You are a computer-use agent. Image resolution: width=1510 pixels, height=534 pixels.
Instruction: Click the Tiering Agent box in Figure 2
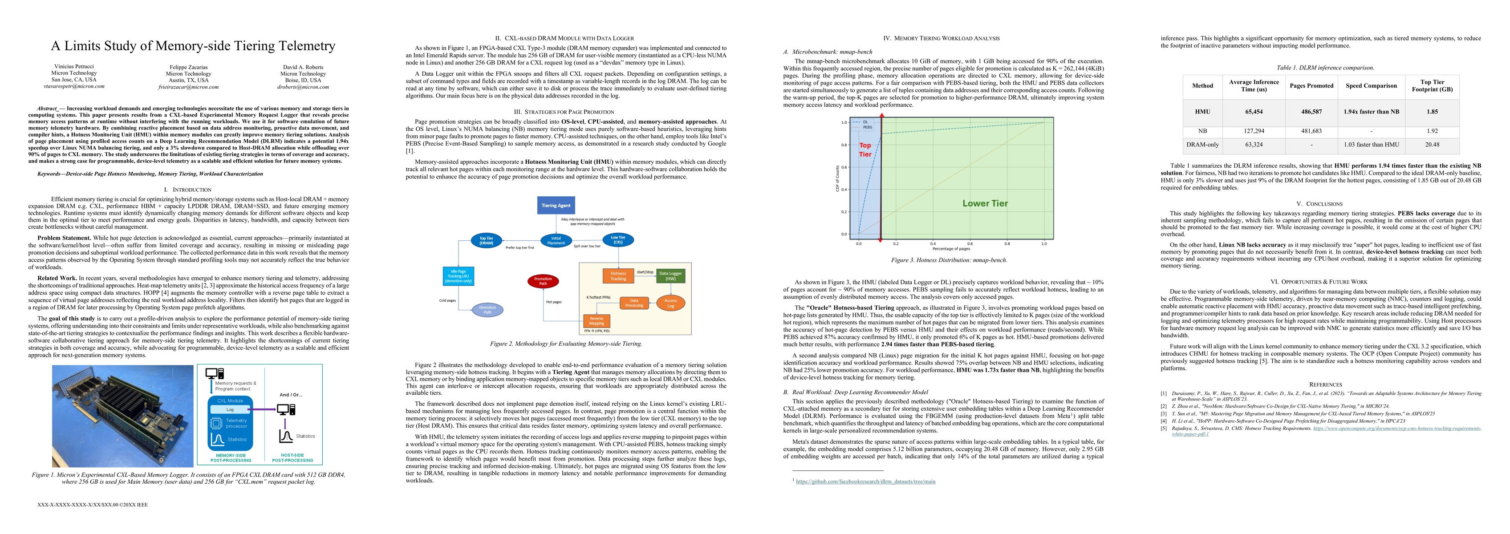coord(556,206)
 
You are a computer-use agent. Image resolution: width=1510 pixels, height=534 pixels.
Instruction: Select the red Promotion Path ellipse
coord(543,281)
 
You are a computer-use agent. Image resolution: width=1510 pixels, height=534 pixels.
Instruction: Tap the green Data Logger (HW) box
coord(670,276)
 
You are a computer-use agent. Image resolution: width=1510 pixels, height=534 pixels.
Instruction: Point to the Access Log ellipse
coord(670,303)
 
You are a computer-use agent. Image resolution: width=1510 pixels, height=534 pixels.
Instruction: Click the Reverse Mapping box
coord(596,321)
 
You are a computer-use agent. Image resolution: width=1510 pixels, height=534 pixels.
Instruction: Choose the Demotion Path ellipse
coord(487,309)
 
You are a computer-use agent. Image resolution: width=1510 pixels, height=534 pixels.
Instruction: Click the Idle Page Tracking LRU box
coord(459,276)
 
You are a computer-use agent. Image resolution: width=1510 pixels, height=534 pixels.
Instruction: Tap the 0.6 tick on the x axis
coord(970,243)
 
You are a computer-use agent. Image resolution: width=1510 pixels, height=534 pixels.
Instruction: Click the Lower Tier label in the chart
coord(985,203)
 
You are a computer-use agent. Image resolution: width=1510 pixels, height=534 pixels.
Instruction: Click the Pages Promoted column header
coord(1311,85)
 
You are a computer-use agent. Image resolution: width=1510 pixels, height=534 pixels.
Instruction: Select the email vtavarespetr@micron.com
coord(74,86)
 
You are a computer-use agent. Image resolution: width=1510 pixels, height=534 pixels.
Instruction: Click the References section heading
coord(1325,384)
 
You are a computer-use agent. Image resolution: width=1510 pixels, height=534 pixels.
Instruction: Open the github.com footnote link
coord(865,482)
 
